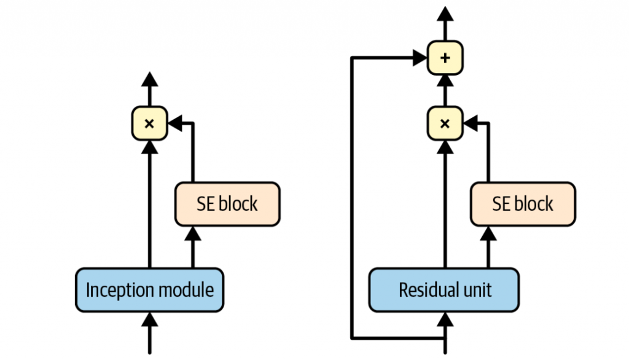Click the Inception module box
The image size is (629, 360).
point(149,289)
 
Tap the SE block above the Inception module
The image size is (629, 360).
point(227,204)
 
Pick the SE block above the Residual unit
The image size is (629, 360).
point(523,204)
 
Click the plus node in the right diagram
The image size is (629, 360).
point(445,58)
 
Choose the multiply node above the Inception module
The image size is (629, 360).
point(149,123)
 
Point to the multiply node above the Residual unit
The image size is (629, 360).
point(445,123)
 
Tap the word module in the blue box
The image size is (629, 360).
point(186,289)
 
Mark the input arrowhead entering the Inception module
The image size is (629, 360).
point(149,319)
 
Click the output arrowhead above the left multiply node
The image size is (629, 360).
point(149,79)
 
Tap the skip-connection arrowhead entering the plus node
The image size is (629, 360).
point(421,58)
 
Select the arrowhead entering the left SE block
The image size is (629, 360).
point(193,233)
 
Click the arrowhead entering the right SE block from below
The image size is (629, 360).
point(489,233)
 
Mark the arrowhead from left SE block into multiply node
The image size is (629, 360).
point(175,123)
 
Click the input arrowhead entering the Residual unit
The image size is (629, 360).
point(445,319)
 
